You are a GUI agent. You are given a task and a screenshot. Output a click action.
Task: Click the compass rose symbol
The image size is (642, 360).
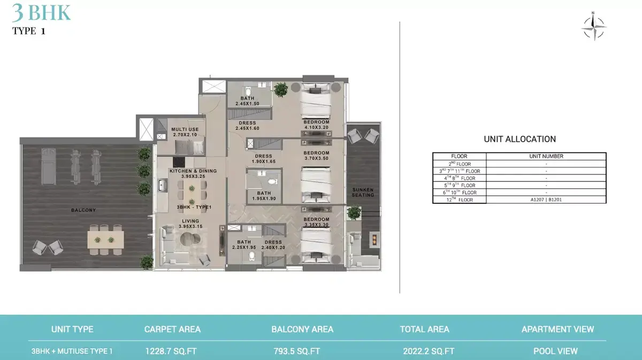point(593,27)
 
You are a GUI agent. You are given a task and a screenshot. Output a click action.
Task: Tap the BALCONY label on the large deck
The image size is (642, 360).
point(83,210)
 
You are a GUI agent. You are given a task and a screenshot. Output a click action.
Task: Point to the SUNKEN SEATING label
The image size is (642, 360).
point(363,193)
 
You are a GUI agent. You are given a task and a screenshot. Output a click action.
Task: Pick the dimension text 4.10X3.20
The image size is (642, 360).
point(316,127)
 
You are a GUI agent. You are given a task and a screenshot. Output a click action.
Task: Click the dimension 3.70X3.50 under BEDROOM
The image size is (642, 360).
point(316,158)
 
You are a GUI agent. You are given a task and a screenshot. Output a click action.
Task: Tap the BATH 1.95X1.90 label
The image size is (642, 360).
point(264,196)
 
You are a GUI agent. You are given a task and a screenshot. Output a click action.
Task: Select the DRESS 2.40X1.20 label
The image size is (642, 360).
point(273,245)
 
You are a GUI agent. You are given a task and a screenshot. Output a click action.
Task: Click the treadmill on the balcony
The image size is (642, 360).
point(49,167)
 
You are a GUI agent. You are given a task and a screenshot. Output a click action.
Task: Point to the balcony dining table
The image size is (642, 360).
point(106,240)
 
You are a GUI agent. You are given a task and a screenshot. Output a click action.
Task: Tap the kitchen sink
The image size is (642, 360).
point(163,185)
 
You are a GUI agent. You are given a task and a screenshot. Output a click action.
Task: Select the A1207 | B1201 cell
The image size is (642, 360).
point(546,200)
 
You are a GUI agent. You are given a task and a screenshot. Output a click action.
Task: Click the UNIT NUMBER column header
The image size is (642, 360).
point(546,156)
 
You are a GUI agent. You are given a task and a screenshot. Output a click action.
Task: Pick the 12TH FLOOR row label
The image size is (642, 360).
point(460,200)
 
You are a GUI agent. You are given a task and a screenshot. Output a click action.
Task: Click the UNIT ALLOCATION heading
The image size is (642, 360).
point(519,139)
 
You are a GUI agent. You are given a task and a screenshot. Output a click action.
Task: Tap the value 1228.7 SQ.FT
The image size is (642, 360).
point(171,351)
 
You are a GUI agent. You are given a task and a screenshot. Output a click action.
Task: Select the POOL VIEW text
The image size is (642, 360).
point(555,351)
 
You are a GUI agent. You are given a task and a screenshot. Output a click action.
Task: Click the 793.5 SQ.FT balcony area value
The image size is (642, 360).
point(296,351)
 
